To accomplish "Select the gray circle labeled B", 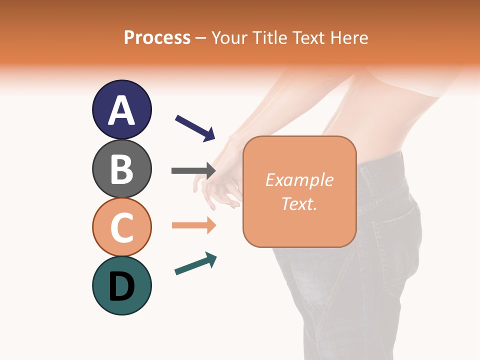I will click(x=121, y=168).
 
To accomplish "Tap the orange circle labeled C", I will click(x=121, y=227).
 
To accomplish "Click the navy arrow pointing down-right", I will click(x=195, y=128).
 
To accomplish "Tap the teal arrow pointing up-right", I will click(x=195, y=263).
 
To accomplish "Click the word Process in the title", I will click(x=157, y=37).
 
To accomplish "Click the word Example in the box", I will click(x=299, y=180).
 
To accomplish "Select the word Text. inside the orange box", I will click(x=299, y=203).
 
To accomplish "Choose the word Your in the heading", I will click(x=230, y=37).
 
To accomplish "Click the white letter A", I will click(x=121, y=110).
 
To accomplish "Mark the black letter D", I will click(x=121, y=287).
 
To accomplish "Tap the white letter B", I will click(x=121, y=169).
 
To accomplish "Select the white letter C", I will click(x=121, y=227).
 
